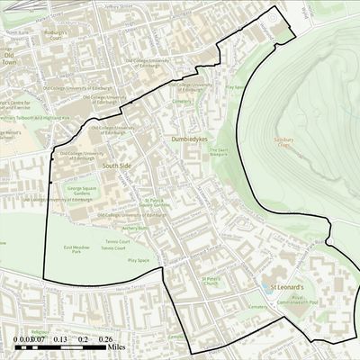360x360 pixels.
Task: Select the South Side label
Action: [117, 166]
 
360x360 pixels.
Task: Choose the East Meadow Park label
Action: [79, 249]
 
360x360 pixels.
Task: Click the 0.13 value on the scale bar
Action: [60, 339]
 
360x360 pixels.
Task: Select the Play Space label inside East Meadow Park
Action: [138, 260]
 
